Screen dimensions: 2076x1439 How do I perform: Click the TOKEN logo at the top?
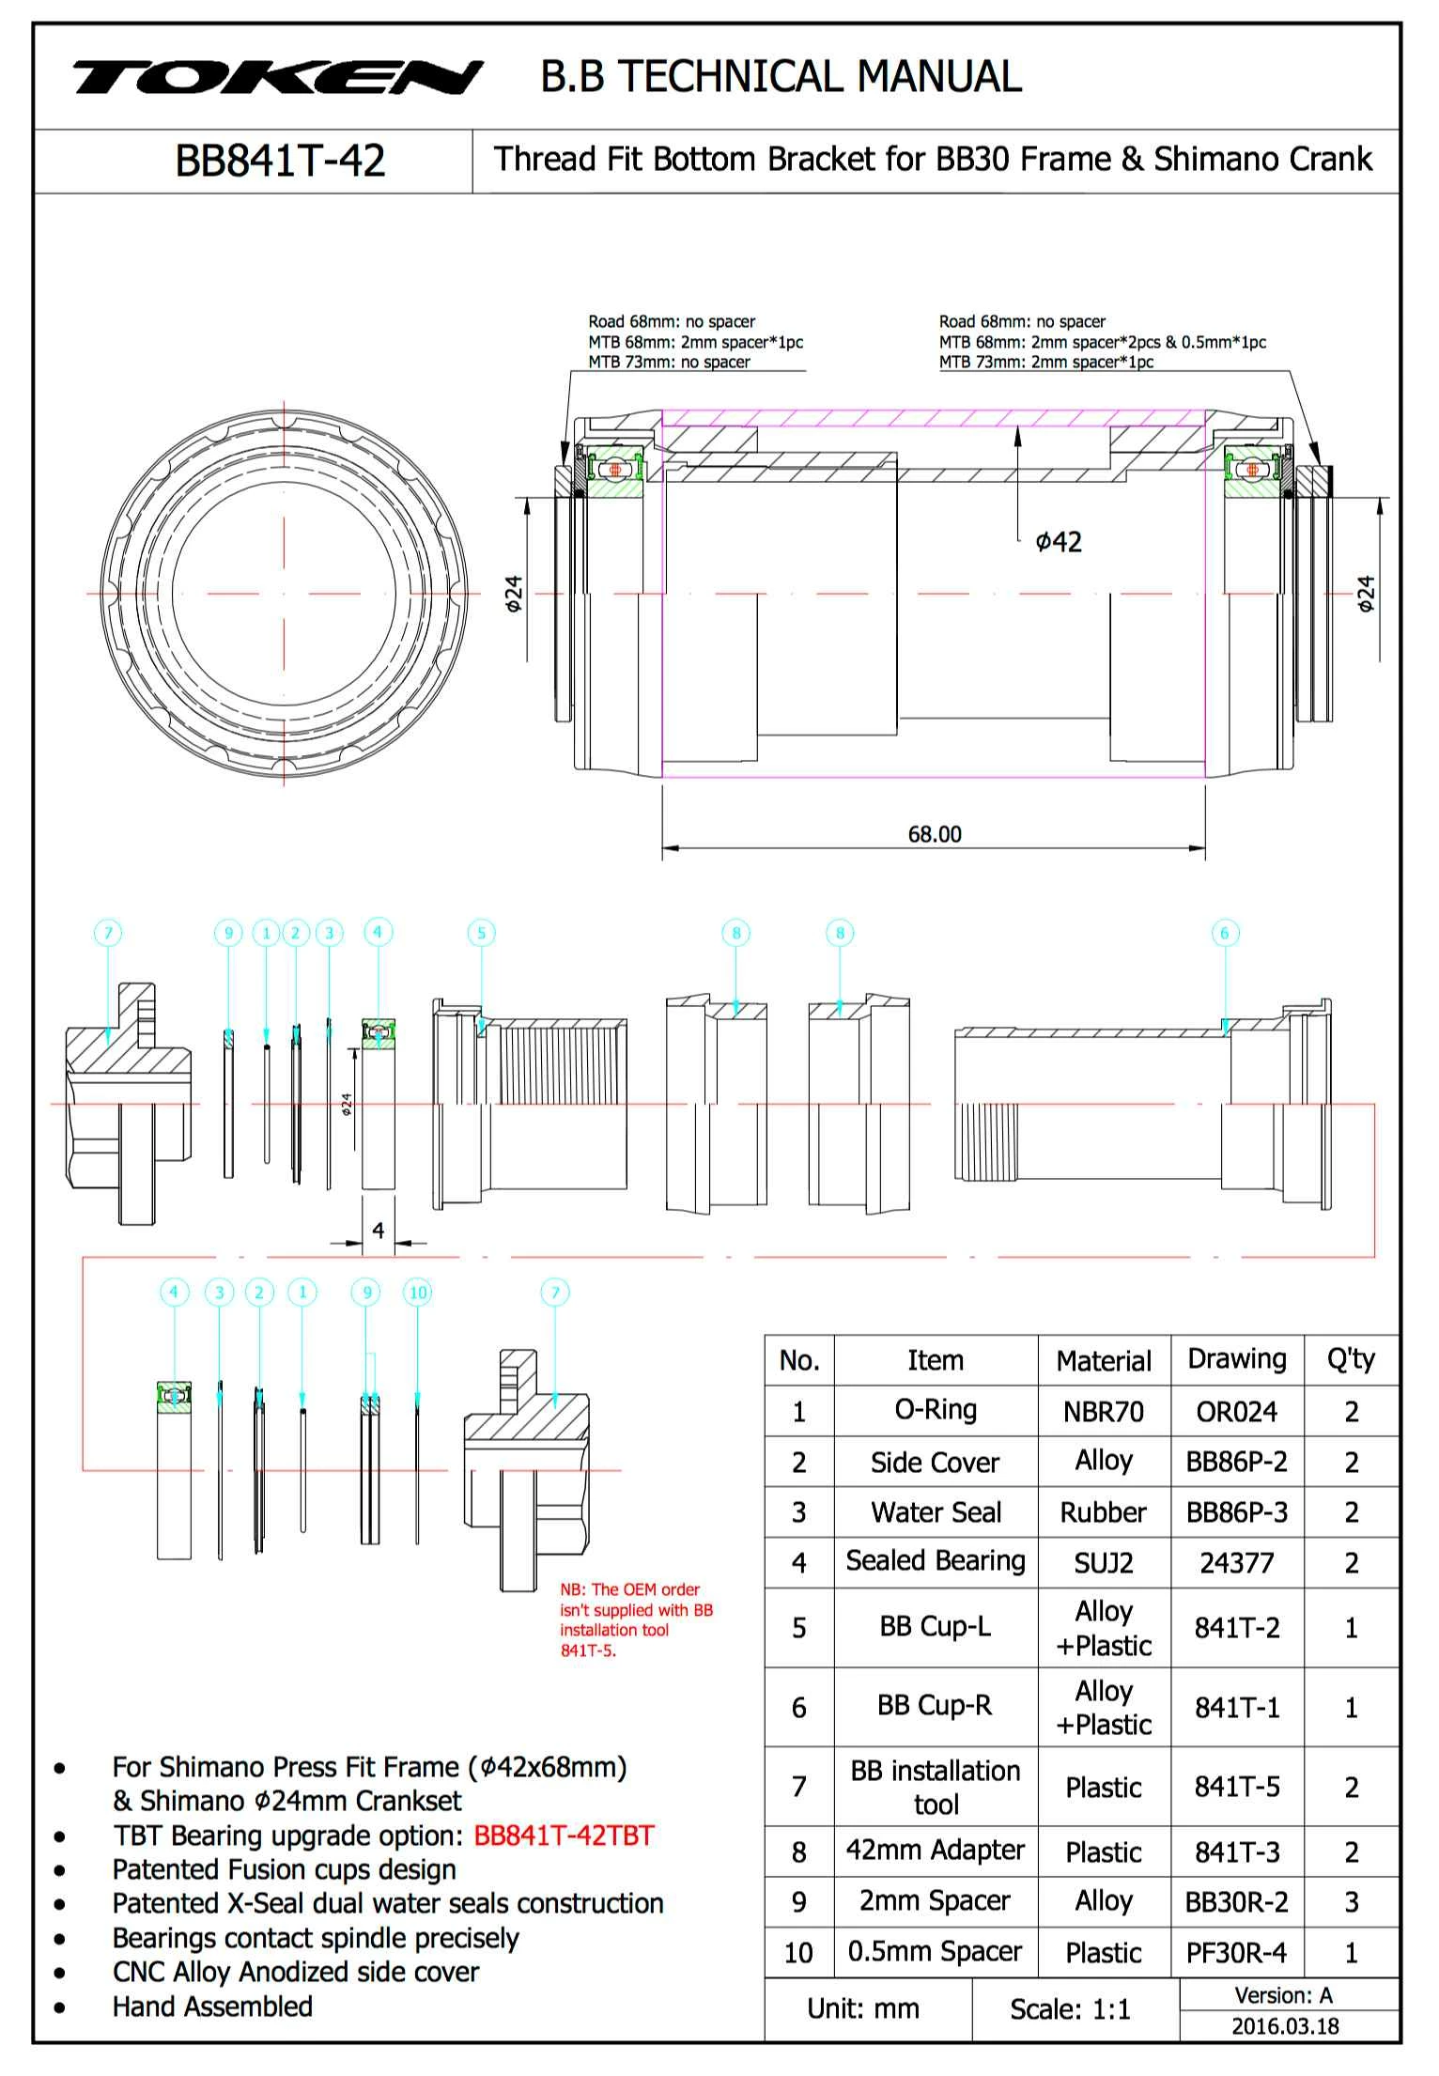pos(277,78)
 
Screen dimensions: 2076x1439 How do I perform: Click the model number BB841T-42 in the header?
pos(280,161)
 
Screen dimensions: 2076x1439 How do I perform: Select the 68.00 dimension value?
pos(934,834)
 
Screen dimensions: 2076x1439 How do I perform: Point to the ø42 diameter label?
pos(1059,542)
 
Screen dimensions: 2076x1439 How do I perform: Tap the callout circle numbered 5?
pos(481,933)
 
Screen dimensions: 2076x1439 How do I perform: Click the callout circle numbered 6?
pos(1224,933)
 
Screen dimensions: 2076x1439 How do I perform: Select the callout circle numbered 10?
pos(418,1293)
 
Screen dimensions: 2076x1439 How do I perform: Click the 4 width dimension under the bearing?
pos(378,1230)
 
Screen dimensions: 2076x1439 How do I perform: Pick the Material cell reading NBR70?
pos(1103,1412)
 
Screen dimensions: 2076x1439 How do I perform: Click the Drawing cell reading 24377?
pos(1236,1563)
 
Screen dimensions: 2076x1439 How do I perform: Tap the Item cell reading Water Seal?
pos(936,1512)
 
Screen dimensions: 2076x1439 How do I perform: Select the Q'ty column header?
pos(1351,1359)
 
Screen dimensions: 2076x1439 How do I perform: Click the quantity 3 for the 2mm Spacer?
pos(1351,1902)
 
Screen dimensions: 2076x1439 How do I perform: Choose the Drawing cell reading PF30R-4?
pos(1236,1953)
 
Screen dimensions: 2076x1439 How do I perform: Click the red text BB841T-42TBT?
pos(564,1836)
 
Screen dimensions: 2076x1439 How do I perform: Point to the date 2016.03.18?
pos(1285,2026)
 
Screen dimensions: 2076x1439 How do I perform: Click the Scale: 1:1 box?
pos(1070,2009)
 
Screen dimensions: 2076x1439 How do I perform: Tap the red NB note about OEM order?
pos(636,1619)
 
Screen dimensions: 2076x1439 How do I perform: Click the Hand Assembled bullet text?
pos(212,2006)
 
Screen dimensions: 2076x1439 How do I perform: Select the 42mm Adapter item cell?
pos(936,1850)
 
